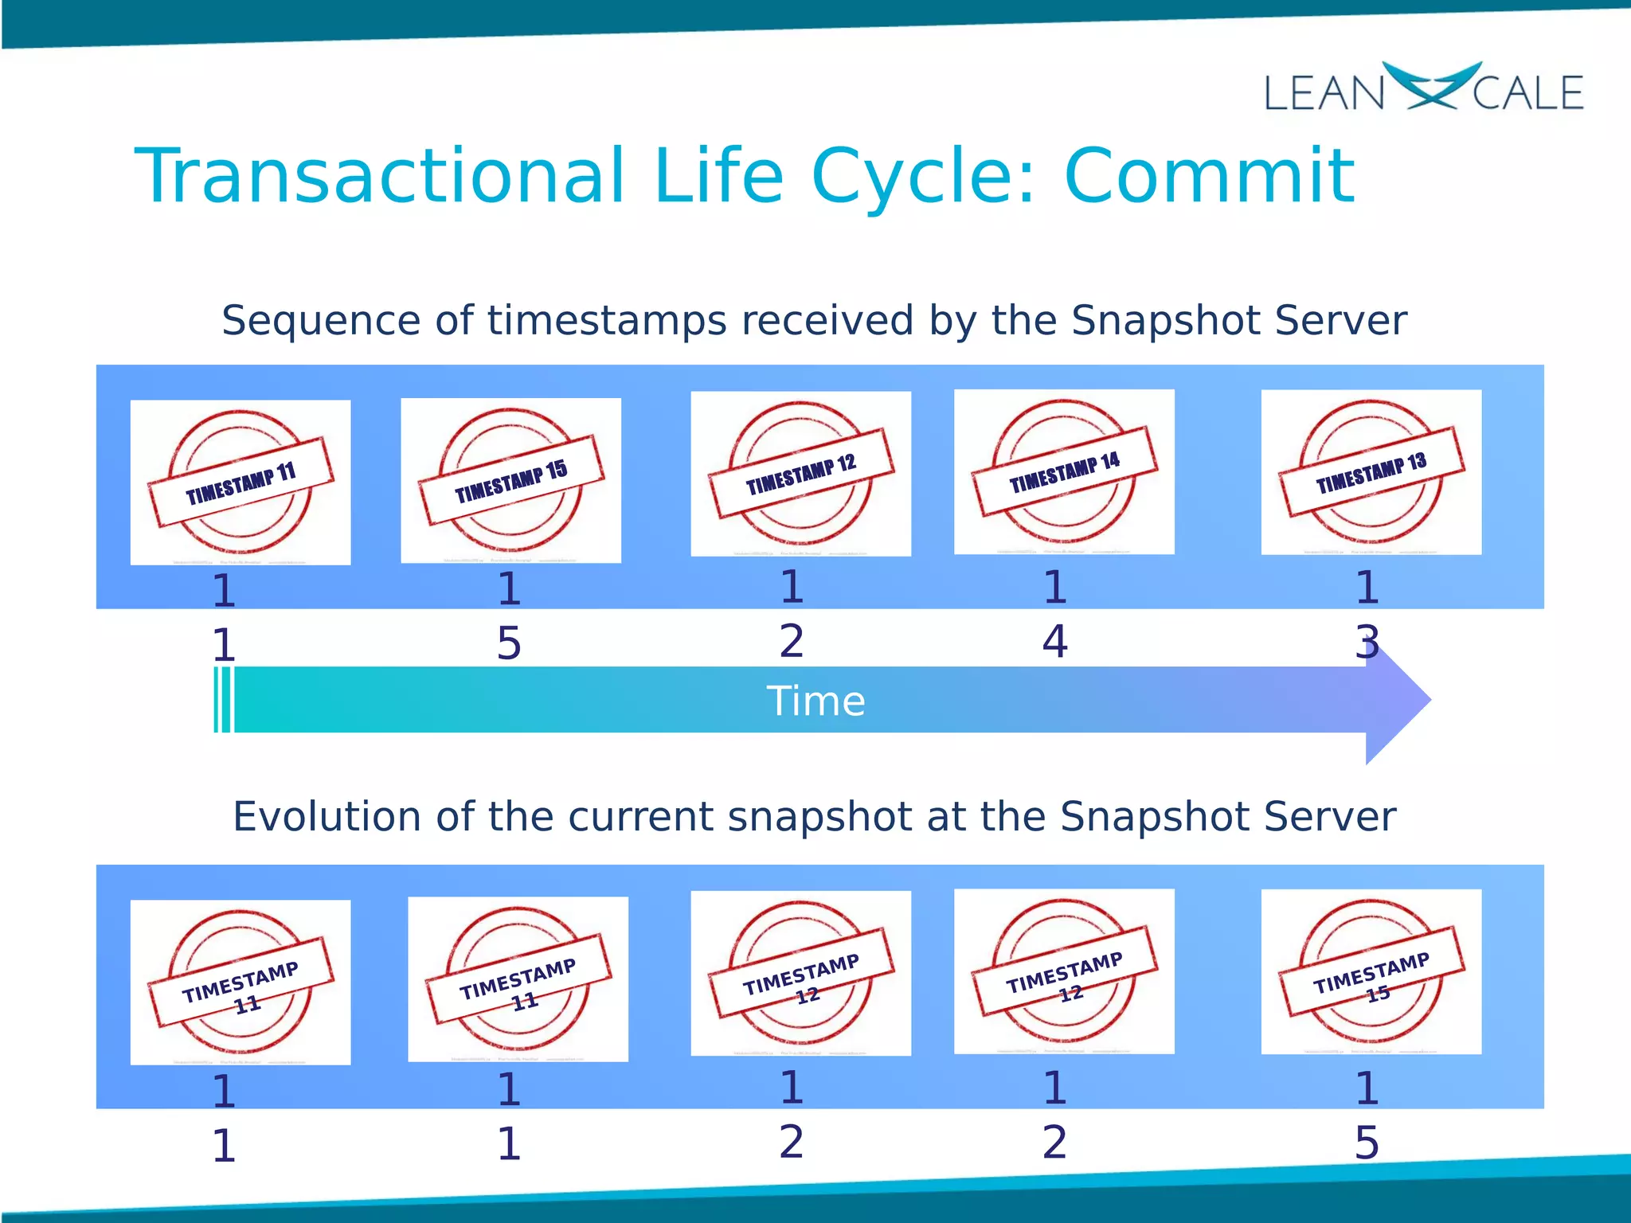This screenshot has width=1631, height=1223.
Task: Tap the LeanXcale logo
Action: tap(1424, 88)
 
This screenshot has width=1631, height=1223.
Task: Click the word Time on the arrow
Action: tap(815, 701)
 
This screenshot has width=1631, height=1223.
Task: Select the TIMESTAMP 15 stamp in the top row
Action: tap(510, 480)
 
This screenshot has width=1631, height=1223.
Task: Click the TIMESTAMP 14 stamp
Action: tap(1064, 471)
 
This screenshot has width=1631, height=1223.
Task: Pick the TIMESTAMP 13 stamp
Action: tap(1371, 472)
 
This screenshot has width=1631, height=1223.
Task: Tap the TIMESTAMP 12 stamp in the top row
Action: tap(800, 474)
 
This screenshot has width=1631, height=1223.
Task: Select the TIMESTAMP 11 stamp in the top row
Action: tap(241, 483)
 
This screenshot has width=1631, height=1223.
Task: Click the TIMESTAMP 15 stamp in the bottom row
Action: tap(1371, 971)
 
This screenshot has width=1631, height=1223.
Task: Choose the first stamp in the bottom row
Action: tap(241, 982)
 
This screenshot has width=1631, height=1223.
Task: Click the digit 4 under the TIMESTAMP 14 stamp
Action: tap(1054, 642)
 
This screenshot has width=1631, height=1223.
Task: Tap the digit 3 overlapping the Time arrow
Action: tap(1367, 642)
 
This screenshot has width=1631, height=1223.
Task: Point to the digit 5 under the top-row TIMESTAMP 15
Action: tap(509, 643)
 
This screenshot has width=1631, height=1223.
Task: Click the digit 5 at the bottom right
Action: tap(1367, 1143)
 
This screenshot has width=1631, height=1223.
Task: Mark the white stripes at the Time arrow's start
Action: tap(224, 700)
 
